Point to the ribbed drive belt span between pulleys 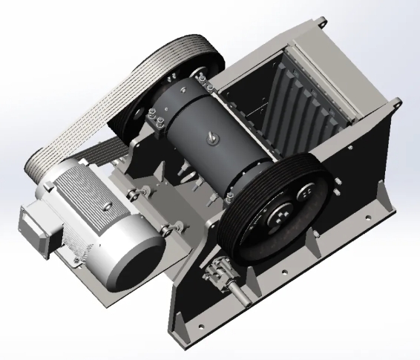89,111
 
